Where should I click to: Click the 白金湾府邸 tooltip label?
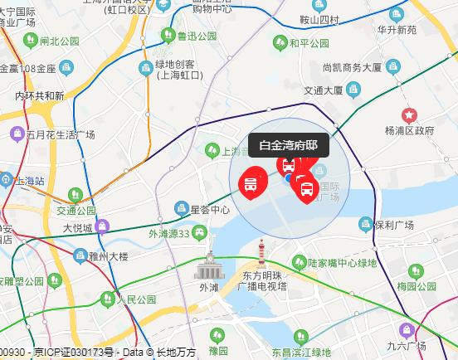pos(288,145)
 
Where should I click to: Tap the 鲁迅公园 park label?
pos(196,36)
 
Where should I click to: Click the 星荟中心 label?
pos(210,210)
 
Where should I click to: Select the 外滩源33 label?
pos(175,233)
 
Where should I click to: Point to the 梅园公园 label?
pos(417,287)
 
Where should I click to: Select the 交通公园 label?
pos(76,211)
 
